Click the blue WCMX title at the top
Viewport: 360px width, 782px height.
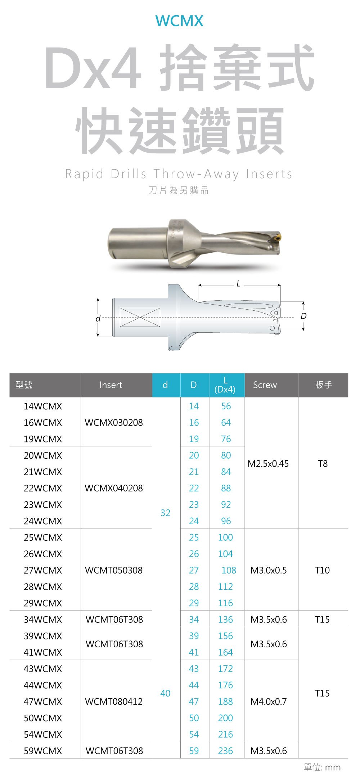click(x=179, y=21)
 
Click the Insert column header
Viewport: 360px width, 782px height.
click(x=111, y=385)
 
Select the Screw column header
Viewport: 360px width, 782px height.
click(x=265, y=385)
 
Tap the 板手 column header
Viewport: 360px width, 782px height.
click(x=324, y=385)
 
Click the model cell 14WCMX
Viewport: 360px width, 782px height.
click(x=43, y=406)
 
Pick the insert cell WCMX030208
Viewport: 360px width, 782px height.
click(x=114, y=422)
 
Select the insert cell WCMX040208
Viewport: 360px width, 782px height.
click(x=114, y=488)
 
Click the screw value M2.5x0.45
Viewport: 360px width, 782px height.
click(x=268, y=464)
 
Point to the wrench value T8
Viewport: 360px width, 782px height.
click(x=323, y=464)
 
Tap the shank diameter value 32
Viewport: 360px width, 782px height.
click(x=165, y=513)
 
